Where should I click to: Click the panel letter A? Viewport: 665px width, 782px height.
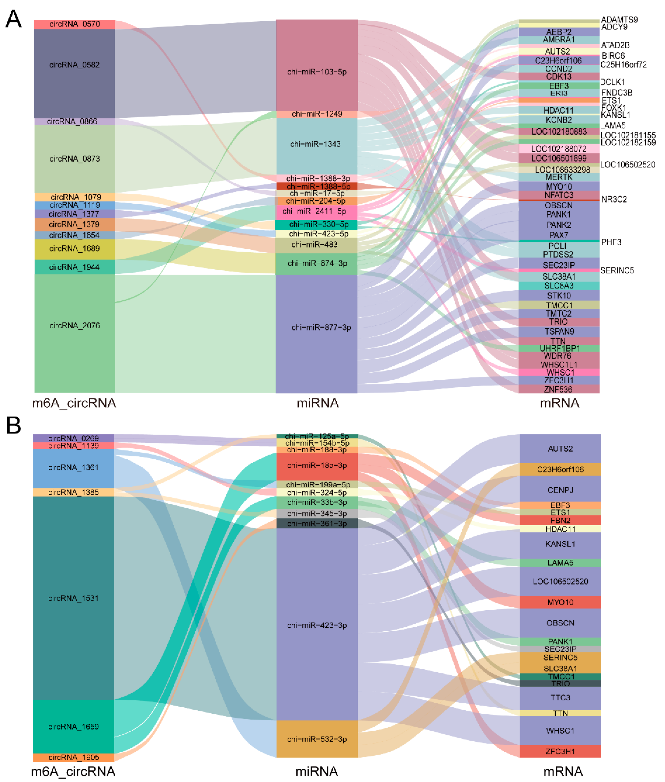(14, 19)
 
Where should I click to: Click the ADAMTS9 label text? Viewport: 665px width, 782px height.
(619, 20)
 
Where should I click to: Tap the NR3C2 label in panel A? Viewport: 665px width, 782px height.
(614, 199)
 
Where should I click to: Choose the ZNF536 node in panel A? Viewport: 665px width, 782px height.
(559, 389)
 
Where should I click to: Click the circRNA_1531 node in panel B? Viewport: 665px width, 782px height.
(74, 598)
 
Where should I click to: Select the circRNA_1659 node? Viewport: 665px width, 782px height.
(74, 726)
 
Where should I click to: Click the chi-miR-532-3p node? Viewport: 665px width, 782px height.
(317, 739)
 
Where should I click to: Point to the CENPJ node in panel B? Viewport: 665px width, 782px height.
(560, 490)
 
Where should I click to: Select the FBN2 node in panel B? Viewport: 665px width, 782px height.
(560, 520)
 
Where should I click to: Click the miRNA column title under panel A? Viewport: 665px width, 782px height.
(317, 403)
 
